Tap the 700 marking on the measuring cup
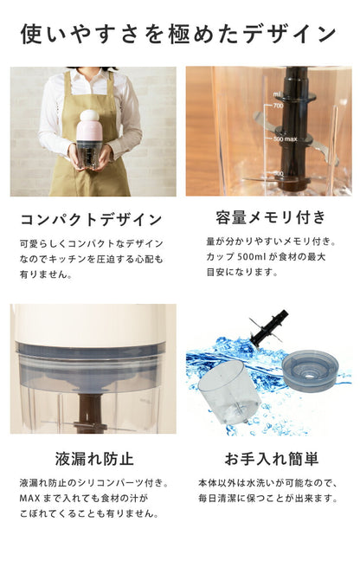[x=279, y=106]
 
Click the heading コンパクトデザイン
[x=91, y=219]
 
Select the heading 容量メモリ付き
[x=271, y=216]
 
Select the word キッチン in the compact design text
[x=74, y=259]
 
